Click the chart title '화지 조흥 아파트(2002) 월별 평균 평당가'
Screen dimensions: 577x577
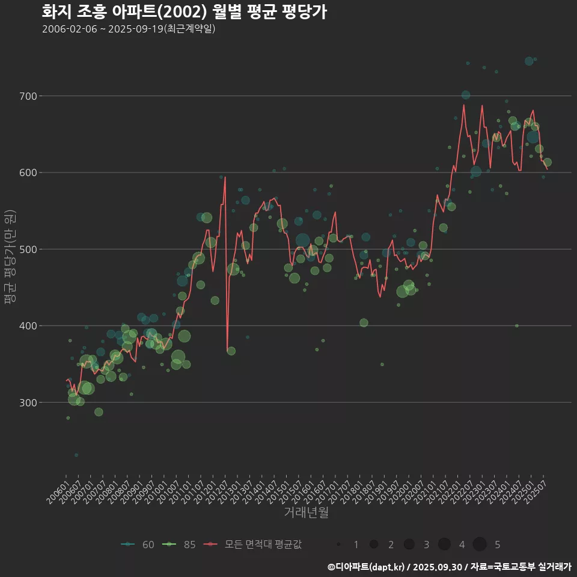pyautogui.click(x=185, y=12)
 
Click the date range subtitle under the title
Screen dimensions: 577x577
pyautogui.click(x=129, y=29)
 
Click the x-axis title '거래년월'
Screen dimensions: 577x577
pyautogui.click(x=306, y=513)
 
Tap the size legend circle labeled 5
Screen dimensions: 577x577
pyautogui.click(x=479, y=545)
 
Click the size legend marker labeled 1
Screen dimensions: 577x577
pyautogui.click(x=339, y=545)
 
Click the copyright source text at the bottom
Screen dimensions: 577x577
pyautogui.click(x=449, y=567)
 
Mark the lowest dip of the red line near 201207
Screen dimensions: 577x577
pyautogui.click(x=227, y=352)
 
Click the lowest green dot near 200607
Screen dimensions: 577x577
pyautogui.click(x=76, y=455)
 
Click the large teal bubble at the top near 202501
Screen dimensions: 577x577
pyautogui.click(x=529, y=61)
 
